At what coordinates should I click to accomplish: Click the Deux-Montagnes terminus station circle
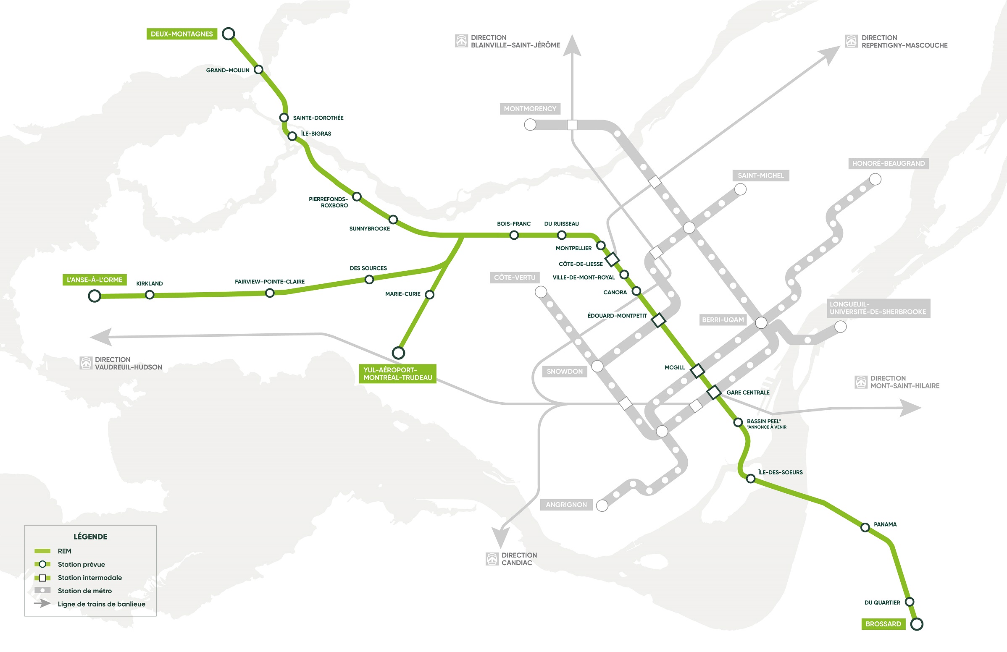pos(229,34)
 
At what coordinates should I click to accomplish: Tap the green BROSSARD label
pos(883,624)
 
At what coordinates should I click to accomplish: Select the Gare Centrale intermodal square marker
pos(714,392)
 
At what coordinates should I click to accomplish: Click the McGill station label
pos(674,367)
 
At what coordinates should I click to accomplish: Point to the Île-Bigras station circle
pos(292,136)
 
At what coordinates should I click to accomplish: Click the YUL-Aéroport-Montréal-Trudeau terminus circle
pos(398,352)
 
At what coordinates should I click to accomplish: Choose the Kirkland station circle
pos(150,295)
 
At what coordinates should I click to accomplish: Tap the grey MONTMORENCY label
pos(530,109)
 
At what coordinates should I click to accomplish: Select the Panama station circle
pos(865,527)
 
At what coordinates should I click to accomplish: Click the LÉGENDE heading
pos(90,537)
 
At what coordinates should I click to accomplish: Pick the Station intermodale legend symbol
pos(42,578)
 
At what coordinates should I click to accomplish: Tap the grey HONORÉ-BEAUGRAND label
pos(888,163)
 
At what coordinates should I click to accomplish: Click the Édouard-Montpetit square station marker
pos(658,320)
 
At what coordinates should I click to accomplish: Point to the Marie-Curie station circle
pos(429,295)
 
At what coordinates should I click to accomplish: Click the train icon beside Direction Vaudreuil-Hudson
pos(86,363)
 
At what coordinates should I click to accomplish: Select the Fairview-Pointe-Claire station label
pos(270,282)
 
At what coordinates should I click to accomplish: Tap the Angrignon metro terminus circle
pos(602,505)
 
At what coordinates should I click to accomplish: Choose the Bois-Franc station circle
pos(514,235)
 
